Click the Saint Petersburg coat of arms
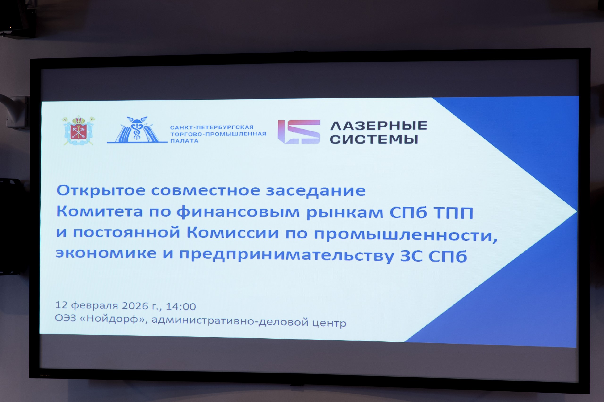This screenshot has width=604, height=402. pyautogui.click(x=79, y=131)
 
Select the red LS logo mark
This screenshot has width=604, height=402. pyautogui.click(x=299, y=132)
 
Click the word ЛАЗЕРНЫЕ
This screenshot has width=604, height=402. pyautogui.click(x=379, y=126)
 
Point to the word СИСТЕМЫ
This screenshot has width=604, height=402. pyautogui.click(x=374, y=139)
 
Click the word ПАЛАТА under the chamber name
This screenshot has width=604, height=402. pyautogui.click(x=184, y=141)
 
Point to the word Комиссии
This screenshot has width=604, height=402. pyautogui.click(x=233, y=233)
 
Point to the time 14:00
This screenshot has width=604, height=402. pyautogui.click(x=181, y=306)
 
